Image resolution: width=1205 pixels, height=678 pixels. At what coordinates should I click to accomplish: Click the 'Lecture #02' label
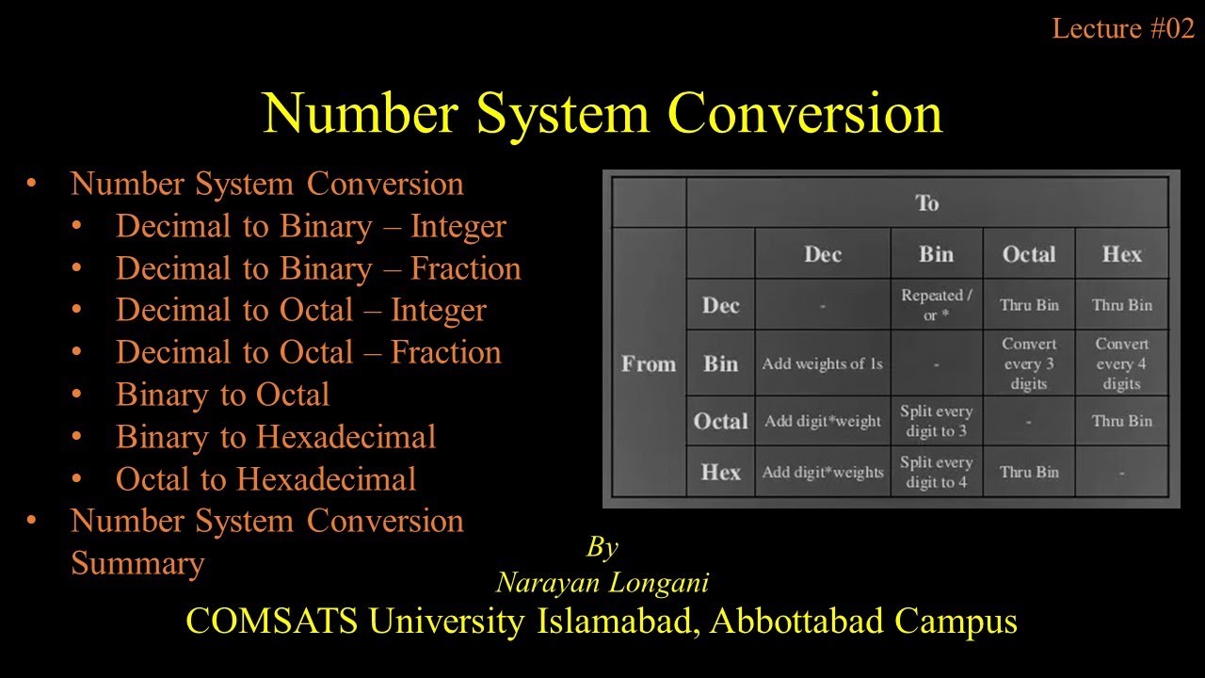point(1123,29)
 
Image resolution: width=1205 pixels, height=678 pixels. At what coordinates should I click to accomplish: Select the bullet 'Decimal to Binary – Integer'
point(311,227)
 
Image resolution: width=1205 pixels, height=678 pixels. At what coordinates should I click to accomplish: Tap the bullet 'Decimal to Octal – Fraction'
point(308,352)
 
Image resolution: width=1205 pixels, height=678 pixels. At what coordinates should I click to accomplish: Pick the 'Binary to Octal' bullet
point(222,395)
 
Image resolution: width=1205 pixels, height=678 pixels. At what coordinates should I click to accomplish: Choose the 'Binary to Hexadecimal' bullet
point(275,437)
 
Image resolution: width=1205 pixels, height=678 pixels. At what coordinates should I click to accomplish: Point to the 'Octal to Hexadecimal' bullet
point(265,479)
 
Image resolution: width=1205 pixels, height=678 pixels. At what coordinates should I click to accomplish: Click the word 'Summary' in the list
point(137,563)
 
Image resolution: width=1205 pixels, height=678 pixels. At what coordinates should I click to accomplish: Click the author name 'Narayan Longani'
point(602,583)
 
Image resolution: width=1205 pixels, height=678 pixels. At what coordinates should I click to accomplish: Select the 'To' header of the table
point(927,203)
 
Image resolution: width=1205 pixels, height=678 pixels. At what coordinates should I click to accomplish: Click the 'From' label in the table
point(649,363)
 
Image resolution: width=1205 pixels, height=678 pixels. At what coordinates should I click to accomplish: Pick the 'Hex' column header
point(1121,254)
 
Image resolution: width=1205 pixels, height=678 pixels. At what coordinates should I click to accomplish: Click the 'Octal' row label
point(720,421)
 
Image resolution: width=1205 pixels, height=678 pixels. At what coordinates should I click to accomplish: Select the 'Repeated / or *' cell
point(936,305)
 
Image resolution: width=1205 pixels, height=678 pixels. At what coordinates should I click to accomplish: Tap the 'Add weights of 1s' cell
point(822,363)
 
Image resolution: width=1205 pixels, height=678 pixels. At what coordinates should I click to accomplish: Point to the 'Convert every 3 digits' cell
point(1029,363)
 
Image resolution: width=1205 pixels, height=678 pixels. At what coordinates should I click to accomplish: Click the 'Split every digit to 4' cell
point(936,472)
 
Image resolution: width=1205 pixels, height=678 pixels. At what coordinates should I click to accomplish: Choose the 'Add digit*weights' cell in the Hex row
point(822,472)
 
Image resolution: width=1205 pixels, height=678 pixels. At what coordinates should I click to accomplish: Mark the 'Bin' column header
point(936,254)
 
